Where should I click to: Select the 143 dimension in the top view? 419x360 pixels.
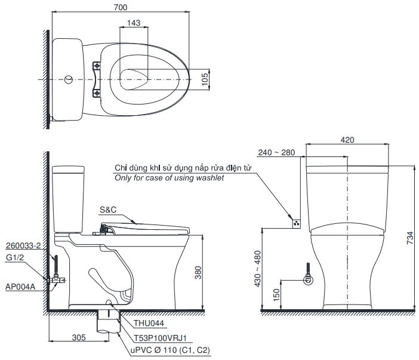(134, 23)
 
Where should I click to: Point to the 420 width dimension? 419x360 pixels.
(347, 140)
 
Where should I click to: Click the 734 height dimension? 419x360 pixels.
(409, 239)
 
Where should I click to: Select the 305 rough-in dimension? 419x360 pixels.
(78, 337)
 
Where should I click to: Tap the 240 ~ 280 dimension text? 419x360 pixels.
(276, 152)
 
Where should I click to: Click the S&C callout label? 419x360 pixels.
(108, 210)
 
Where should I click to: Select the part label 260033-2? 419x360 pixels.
(23, 245)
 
